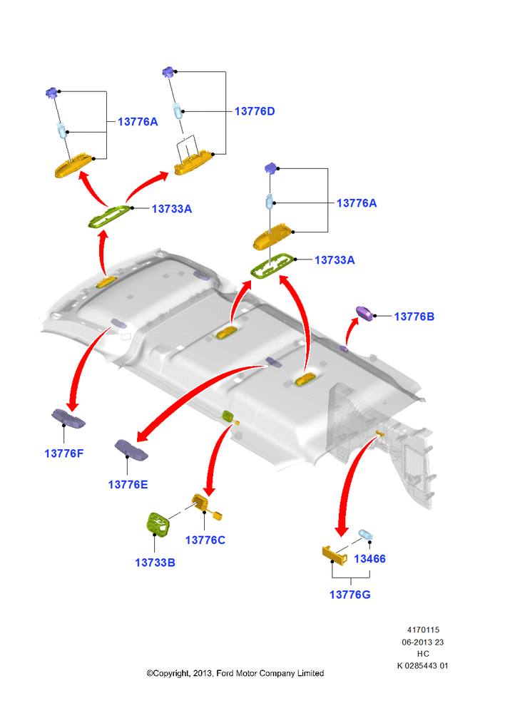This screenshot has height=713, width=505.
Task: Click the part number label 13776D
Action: pyautogui.click(x=255, y=111)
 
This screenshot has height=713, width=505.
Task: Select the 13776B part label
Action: pyautogui.click(x=414, y=317)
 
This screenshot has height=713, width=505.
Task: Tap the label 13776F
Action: pyautogui.click(x=64, y=453)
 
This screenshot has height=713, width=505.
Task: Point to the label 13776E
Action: pyautogui.click(x=128, y=485)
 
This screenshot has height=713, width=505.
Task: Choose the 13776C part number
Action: pyautogui.click(x=205, y=540)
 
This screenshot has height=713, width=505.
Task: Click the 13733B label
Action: pyautogui.click(x=155, y=563)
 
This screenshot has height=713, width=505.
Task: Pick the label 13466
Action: pyautogui.click(x=370, y=559)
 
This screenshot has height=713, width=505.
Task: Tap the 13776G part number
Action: pyautogui.click(x=350, y=595)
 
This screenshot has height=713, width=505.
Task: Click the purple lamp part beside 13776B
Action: pyautogui.click(x=364, y=313)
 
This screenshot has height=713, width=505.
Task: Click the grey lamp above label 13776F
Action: pyautogui.click(x=68, y=419)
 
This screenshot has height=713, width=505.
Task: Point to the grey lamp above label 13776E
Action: pyautogui.click(x=131, y=450)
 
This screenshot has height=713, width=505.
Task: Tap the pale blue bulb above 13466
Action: pyautogui.click(x=366, y=534)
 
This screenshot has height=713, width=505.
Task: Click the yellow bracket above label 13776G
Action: pyautogui.click(x=335, y=554)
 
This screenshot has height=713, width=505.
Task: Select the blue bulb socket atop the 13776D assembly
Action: pyautogui.click(x=169, y=71)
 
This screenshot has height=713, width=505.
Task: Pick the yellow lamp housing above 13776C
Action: pyautogui.click(x=200, y=503)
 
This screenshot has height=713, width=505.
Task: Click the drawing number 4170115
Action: pyautogui.click(x=423, y=630)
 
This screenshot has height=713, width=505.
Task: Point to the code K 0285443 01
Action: pyautogui.click(x=423, y=666)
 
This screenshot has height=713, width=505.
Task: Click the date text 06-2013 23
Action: pyautogui.click(x=423, y=642)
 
